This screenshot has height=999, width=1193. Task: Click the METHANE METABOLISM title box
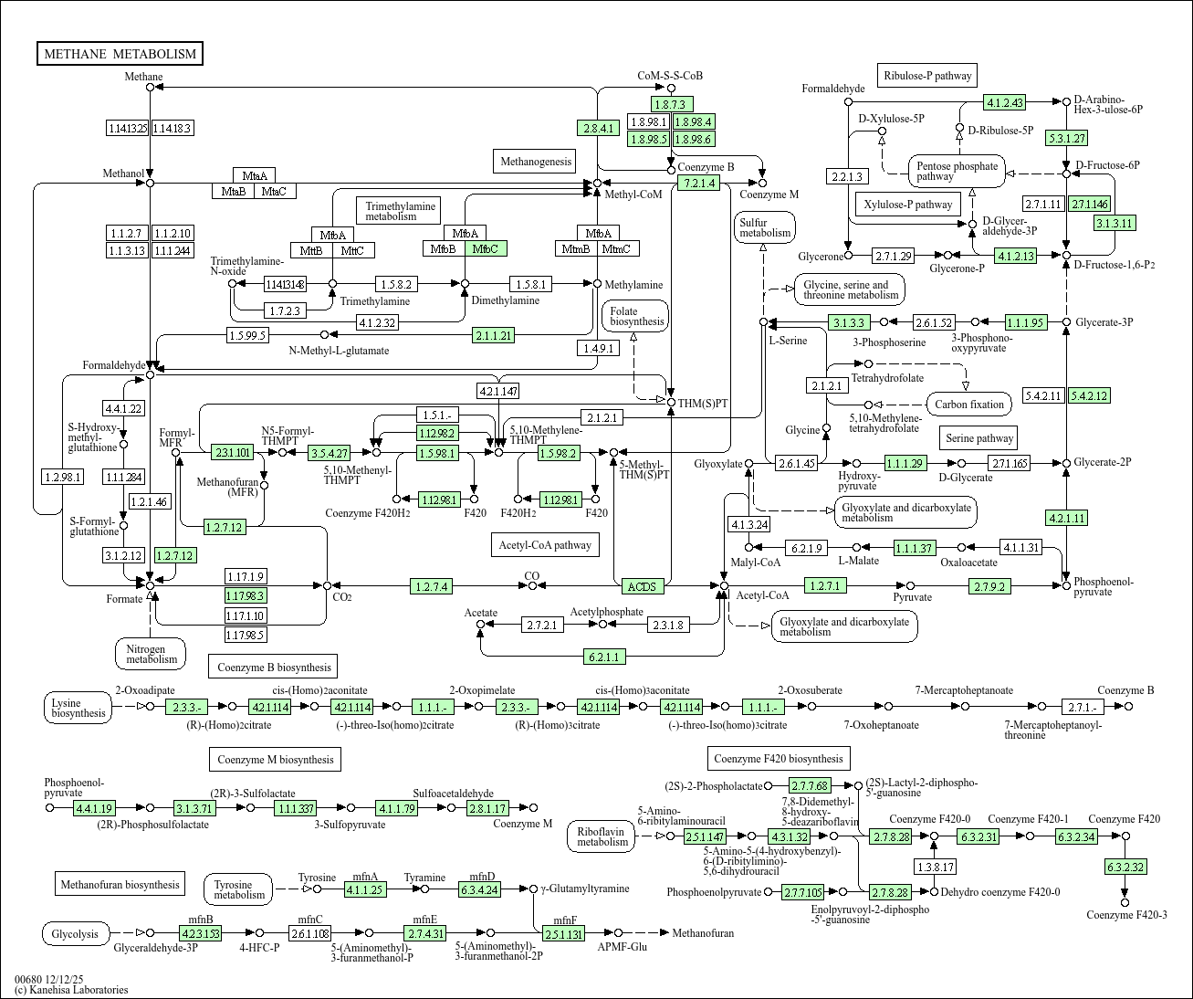[x=120, y=54]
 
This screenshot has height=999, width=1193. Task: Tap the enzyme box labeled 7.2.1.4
[x=697, y=183]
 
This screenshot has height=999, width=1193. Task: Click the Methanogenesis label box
[x=536, y=162]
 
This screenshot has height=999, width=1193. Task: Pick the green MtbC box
[x=486, y=248]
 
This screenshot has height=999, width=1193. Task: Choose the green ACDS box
[x=642, y=586]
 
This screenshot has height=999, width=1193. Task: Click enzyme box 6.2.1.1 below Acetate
[x=604, y=656]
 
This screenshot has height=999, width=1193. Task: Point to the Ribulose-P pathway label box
[x=927, y=76]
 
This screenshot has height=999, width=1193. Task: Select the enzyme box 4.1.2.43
[x=1005, y=102]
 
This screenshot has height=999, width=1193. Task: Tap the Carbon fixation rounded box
[x=969, y=405]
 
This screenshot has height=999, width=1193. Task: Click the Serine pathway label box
[x=979, y=438]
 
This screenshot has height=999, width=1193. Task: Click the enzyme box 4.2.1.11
[x=1066, y=518]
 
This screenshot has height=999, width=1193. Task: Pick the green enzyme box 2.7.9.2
[x=989, y=586]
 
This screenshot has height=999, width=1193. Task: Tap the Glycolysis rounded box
[x=76, y=933]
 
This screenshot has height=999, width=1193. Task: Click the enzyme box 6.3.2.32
[x=1125, y=867]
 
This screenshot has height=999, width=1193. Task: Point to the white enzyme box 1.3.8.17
[x=935, y=867]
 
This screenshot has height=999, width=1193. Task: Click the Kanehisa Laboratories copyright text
[x=71, y=990]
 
